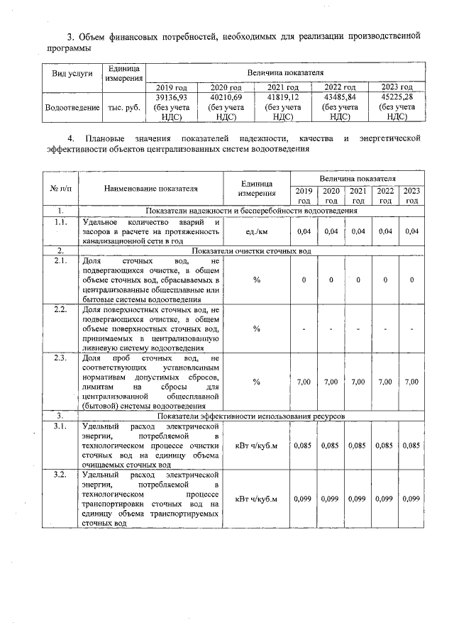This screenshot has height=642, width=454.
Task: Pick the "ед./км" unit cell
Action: coord(257,231)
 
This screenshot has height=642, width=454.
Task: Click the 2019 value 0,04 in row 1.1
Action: coord(304,231)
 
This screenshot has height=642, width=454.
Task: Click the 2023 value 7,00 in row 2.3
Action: coord(411,382)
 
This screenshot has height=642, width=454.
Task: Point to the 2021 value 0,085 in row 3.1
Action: coord(358,445)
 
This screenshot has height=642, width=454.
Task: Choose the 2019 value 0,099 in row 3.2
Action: coord(304,499)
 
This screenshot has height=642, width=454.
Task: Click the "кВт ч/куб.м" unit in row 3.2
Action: coord(257,499)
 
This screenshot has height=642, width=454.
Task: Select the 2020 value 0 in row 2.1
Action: coord(331,280)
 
